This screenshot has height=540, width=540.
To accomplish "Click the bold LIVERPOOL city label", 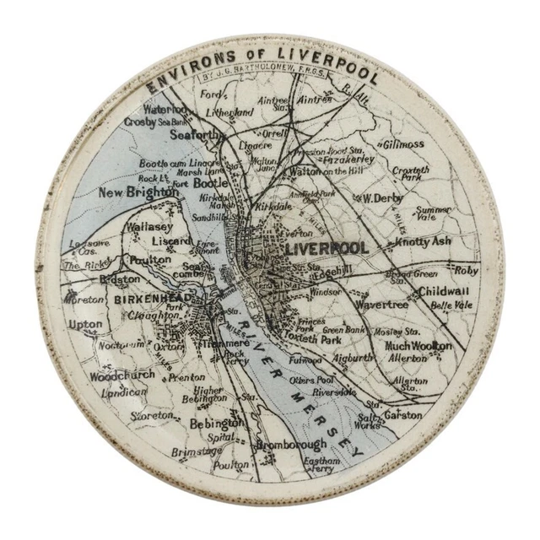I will pos(327,249).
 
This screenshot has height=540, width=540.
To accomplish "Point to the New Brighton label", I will pos(139,192).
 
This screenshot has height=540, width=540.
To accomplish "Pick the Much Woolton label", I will pos(418,346).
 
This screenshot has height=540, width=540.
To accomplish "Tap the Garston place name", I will pos(402,414).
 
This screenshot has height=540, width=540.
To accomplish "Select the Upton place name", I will pos(86,324).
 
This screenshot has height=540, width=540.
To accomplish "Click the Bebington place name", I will pos(217,423).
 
